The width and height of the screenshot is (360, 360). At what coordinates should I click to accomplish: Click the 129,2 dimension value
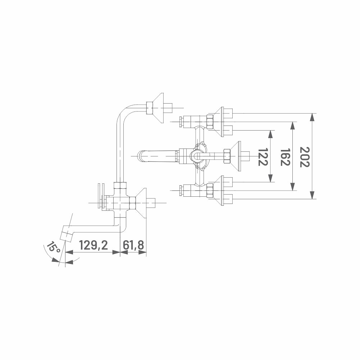tap(94, 245)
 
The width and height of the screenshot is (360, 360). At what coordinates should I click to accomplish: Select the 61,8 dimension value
tap(133, 245)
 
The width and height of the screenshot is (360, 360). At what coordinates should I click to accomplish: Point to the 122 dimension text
tap(263, 157)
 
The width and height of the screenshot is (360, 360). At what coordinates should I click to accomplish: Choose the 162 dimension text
tap(285, 157)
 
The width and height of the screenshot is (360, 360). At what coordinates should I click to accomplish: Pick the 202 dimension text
tap(305, 157)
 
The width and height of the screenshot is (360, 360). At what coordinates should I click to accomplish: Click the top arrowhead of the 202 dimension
tap(312, 117)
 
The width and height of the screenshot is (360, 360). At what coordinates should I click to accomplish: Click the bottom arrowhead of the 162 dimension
tap(292, 187)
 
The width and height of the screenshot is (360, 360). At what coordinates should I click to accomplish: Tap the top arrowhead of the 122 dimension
tap(271, 134)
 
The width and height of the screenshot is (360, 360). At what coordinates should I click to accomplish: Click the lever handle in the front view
tap(158, 156)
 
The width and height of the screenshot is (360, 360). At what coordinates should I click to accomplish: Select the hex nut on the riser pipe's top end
tap(150, 108)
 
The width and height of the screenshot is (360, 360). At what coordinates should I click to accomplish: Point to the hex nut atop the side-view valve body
tap(120, 185)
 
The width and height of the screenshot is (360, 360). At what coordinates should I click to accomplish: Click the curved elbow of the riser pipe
tap(125, 112)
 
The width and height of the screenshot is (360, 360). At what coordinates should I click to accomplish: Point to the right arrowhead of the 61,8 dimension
tap(142, 252)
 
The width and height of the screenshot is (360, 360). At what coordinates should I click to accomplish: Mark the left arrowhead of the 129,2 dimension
tap(69, 252)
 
